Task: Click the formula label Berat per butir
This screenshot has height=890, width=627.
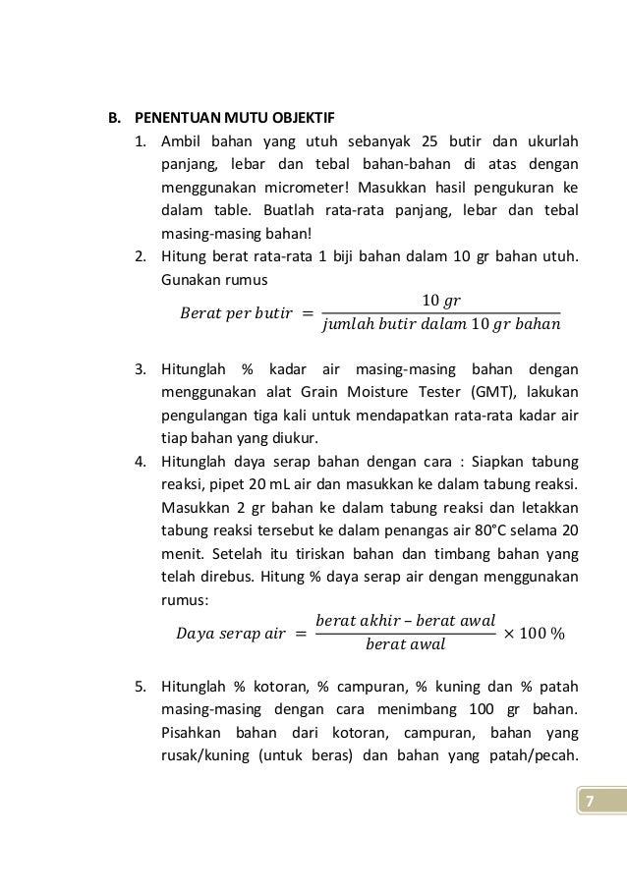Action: point(235,313)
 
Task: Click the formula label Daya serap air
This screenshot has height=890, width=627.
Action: point(234,635)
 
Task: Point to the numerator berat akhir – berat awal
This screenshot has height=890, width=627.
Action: point(405,621)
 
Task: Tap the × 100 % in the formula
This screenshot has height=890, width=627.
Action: point(535,635)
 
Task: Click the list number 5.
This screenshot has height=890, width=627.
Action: point(141,688)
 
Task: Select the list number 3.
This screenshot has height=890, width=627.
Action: point(141,370)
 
